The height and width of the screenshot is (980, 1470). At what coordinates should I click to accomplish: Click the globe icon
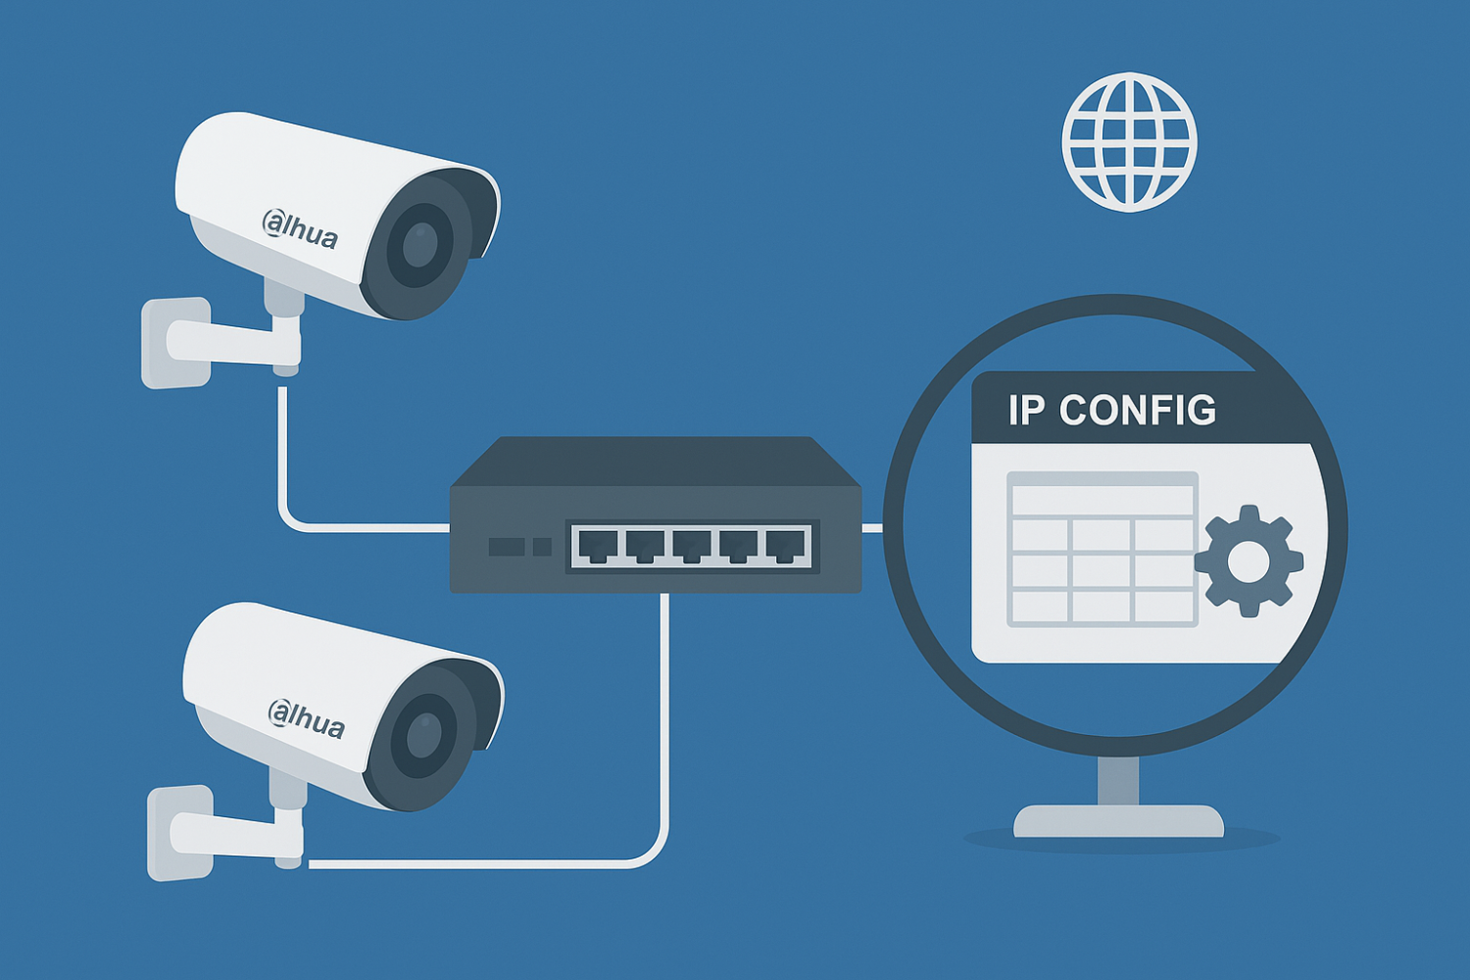1129,142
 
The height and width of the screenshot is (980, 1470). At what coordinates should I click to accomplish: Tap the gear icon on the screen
1248,561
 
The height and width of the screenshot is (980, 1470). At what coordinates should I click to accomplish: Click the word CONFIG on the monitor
1137,411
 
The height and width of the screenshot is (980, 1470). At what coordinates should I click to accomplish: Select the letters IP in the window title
1026,411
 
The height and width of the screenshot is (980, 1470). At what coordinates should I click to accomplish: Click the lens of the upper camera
419,245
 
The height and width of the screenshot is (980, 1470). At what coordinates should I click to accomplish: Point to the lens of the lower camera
423,736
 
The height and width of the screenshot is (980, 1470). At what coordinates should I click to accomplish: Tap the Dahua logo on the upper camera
300,229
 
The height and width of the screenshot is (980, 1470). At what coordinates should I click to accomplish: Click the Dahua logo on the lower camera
306,718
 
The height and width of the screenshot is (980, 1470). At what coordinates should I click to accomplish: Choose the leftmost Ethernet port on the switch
597,545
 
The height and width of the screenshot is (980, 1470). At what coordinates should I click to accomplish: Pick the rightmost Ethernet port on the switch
785,545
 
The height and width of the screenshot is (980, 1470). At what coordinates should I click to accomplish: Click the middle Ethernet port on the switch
691,545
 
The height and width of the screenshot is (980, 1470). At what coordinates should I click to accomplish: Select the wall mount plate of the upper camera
174,343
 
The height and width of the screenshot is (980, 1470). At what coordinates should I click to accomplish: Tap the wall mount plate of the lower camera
178,833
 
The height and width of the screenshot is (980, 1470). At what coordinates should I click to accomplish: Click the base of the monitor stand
1118,821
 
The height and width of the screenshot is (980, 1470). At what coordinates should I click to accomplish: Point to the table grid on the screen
1102,549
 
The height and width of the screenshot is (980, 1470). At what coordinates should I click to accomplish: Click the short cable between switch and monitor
872,528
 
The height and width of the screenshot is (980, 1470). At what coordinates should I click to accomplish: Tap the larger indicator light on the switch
507,546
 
